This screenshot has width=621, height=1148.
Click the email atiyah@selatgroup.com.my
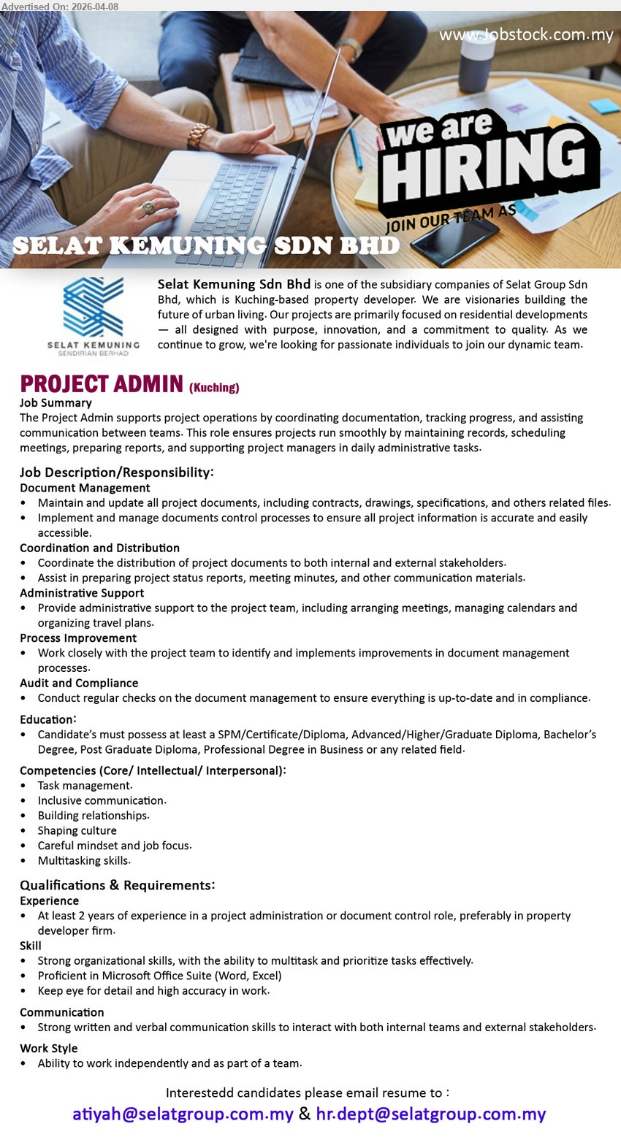(183, 1114)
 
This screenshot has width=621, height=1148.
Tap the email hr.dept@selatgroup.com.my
(430, 1114)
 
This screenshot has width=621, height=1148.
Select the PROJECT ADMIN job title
(102, 384)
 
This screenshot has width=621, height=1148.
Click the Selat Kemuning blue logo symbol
(94, 307)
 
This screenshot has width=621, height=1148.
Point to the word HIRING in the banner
(486, 167)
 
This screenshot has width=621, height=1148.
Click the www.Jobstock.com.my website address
(526, 35)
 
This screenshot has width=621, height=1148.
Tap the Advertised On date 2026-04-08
(60, 6)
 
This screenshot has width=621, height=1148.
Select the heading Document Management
(85, 488)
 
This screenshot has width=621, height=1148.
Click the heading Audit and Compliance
(79, 683)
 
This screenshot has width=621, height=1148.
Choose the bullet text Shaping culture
(77, 830)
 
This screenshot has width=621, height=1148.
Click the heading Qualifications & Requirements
(117, 885)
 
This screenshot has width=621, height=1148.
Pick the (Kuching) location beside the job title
(214, 388)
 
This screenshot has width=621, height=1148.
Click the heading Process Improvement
(78, 638)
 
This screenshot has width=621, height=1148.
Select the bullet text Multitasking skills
(84, 860)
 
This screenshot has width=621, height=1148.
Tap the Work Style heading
(48, 1048)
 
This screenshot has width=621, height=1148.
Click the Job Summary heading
(56, 402)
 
